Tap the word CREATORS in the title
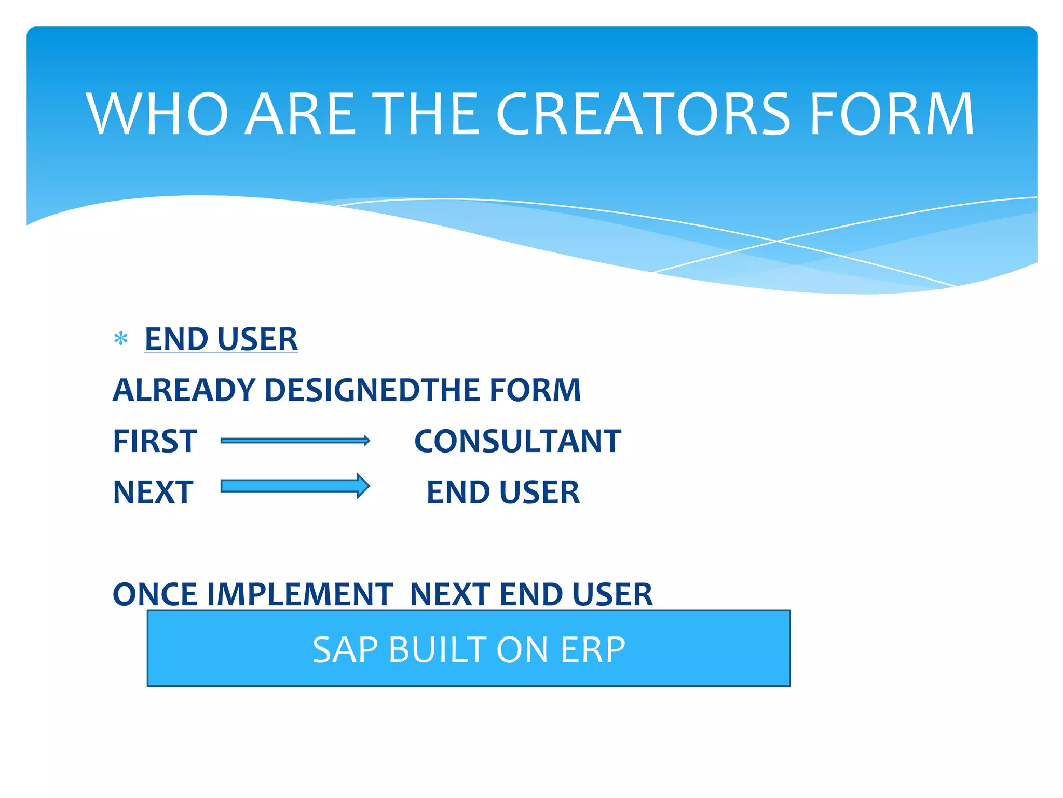(643, 114)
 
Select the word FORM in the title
(891, 114)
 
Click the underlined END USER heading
(221, 339)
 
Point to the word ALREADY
(185, 390)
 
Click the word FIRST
(155, 442)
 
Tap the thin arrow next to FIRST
(295, 441)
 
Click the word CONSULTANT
(517, 442)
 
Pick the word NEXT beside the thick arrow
(153, 493)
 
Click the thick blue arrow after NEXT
(295, 486)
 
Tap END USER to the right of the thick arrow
(503, 493)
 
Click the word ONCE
(155, 594)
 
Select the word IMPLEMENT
(299, 594)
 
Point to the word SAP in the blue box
(346, 649)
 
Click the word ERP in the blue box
(593, 649)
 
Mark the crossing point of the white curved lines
(777, 241)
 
